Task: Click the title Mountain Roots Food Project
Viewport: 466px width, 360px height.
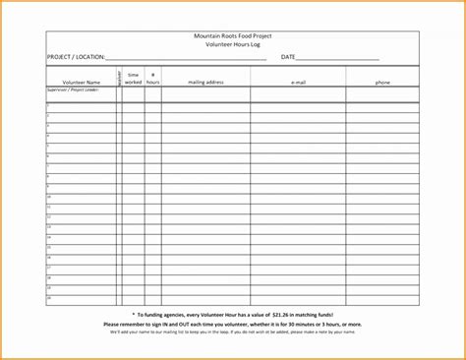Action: (x=233, y=35)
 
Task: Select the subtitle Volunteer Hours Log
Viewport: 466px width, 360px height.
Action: (x=233, y=44)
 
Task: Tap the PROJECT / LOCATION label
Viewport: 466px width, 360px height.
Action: (x=75, y=57)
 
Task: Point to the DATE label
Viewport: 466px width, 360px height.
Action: (x=288, y=57)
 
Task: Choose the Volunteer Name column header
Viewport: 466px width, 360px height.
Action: (x=81, y=83)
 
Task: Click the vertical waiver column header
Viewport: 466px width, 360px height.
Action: (x=119, y=78)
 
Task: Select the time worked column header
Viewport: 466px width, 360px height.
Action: (x=134, y=78)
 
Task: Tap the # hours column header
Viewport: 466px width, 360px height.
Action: (x=153, y=78)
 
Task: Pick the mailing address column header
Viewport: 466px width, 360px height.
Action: (x=206, y=83)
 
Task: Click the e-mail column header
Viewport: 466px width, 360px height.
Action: (x=299, y=83)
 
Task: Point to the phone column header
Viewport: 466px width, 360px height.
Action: (x=383, y=83)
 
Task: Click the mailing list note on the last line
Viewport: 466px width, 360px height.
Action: (x=233, y=330)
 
